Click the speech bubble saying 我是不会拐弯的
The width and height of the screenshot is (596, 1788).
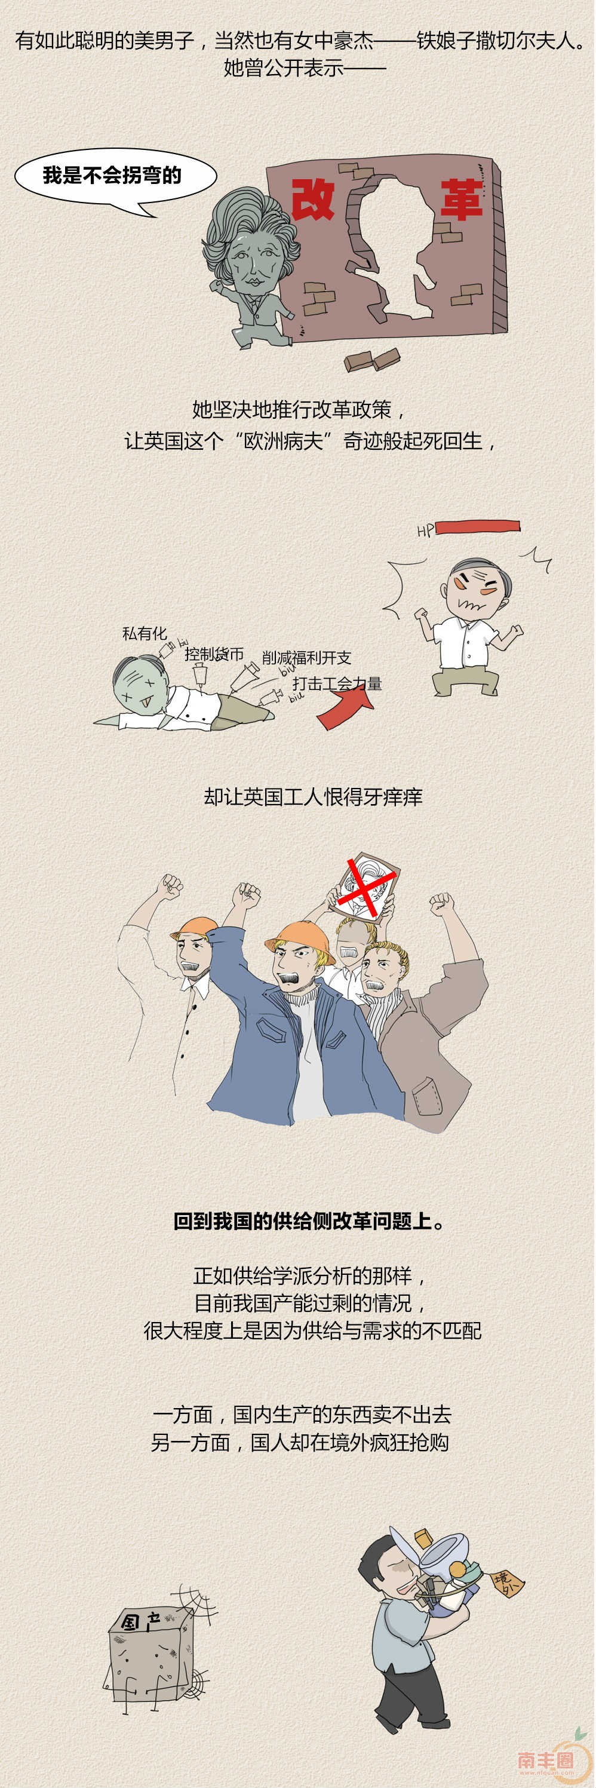115,179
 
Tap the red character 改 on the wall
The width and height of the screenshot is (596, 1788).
313,199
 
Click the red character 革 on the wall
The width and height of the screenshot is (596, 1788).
460,199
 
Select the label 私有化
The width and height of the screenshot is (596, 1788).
145,633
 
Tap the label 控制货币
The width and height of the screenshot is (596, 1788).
214,654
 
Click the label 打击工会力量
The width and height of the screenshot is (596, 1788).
337,683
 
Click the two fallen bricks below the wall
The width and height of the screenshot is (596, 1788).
373,360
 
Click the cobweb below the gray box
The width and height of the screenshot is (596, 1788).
192,1677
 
